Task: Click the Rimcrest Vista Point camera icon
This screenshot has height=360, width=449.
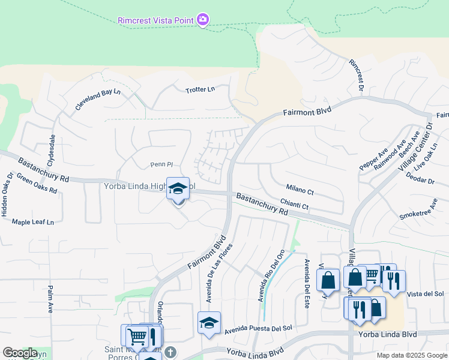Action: [x=203, y=20]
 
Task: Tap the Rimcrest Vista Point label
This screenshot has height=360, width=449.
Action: [x=155, y=20]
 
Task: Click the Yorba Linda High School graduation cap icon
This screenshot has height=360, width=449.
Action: [x=178, y=188]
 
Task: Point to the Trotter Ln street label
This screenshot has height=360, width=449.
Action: [x=200, y=89]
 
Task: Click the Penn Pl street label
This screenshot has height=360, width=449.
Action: [x=161, y=164]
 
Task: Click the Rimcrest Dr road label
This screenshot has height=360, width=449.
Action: [x=357, y=75]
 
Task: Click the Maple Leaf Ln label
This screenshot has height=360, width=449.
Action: [x=33, y=222]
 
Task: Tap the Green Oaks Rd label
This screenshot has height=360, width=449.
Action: [x=37, y=183]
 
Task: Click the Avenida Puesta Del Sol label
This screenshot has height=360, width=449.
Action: [x=258, y=329]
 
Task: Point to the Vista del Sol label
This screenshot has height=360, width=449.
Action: [x=425, y=294]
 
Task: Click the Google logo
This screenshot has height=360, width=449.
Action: [x=20, y=353]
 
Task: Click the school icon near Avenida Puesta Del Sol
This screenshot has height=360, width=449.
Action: [x=209, y=322]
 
